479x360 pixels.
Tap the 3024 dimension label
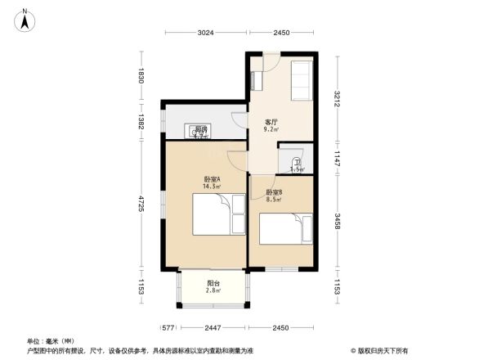point(205,33)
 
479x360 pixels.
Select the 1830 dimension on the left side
point(141,76)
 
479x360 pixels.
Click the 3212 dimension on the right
point(337,99)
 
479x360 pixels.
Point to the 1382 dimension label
point(141,121)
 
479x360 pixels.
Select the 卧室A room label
point(212,179)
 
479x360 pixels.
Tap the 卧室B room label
point(274,192)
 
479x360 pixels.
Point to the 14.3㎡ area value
point(212,187)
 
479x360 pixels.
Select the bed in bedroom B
point(285,229)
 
